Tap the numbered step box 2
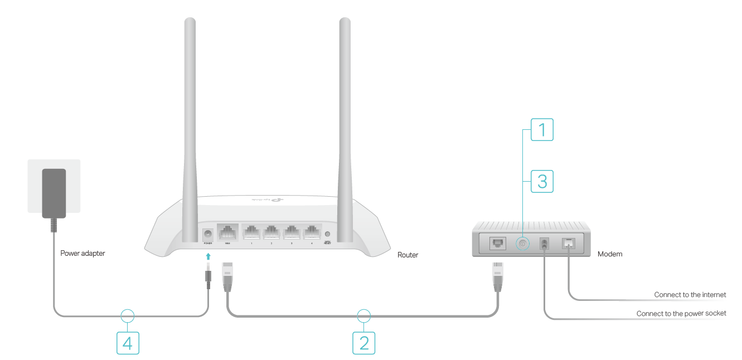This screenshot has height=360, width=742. pos(364,342)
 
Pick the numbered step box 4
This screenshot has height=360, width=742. pos(127,342)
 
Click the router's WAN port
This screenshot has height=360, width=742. pos(227,232)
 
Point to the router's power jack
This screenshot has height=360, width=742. pos(208,234)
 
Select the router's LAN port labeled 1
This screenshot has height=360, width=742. pos(251,232)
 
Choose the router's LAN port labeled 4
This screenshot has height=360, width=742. pos(312,232)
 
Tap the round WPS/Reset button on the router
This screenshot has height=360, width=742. pos(328,235)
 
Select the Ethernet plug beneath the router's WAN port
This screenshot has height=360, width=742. pos(227,275)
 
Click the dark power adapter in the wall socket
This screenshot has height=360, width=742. pos(54,193)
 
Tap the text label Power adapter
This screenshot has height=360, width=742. pos(83,253)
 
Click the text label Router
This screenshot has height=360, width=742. pos(408,255)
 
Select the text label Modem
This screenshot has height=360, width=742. pos(610,254)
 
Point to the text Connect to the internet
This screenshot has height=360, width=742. pos(690,294)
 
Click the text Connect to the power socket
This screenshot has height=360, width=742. pos(681,313)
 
